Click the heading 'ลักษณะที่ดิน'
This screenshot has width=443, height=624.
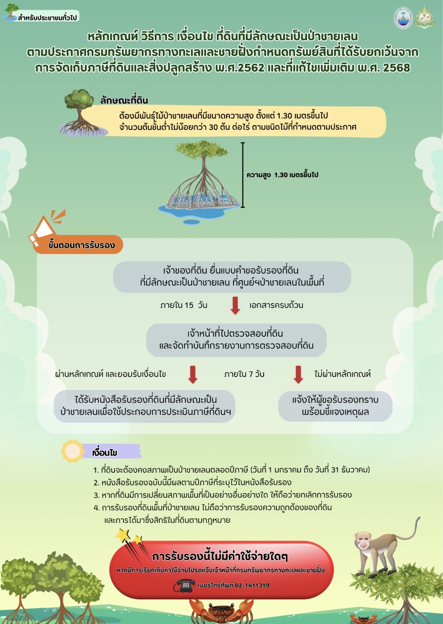124,100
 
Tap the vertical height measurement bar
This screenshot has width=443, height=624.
243,175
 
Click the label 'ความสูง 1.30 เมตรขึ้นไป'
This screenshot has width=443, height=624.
282,175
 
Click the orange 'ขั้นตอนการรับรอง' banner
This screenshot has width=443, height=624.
78,245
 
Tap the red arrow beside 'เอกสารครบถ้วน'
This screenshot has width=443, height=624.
235,306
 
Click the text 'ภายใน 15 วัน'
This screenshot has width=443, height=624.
184,305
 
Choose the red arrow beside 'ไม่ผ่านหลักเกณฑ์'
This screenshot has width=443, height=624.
298,375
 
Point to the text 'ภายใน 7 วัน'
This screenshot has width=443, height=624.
244,374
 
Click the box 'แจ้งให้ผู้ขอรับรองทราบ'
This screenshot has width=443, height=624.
335,406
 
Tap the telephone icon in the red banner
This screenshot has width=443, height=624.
184,585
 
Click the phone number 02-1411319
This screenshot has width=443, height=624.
252,585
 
